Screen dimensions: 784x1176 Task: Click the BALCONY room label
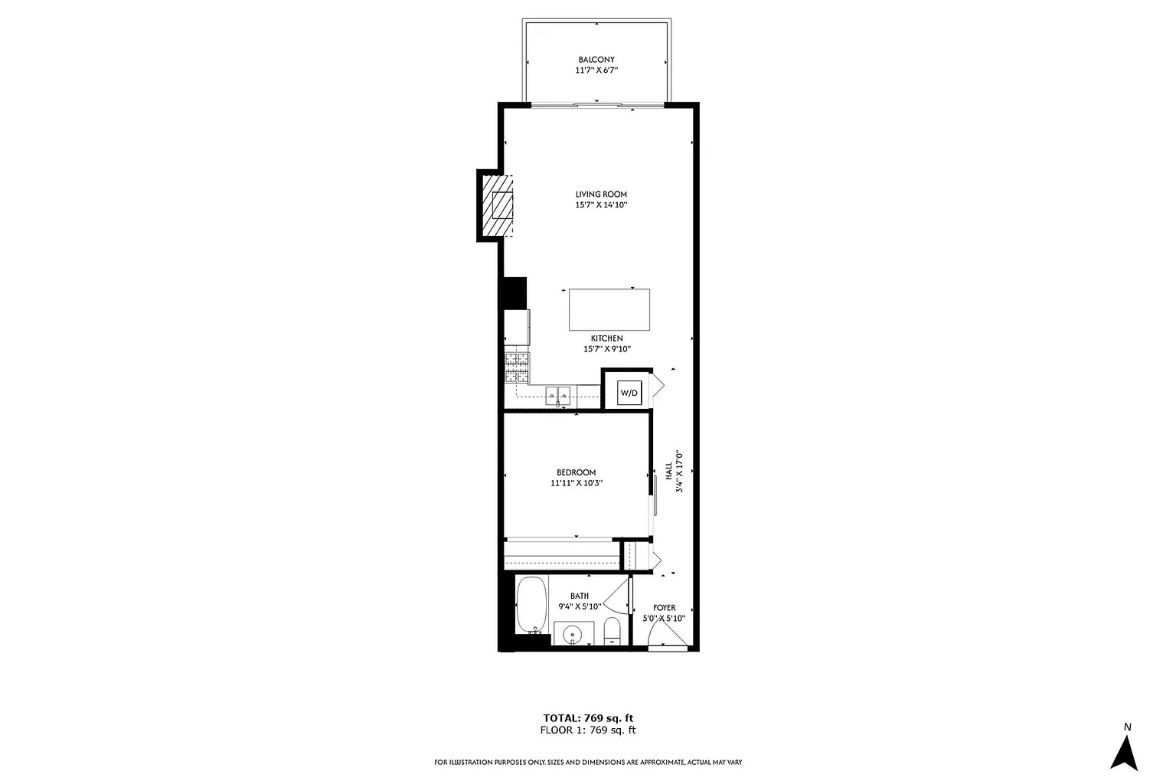click(x=596, y=60)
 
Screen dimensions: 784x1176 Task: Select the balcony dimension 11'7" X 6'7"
click(x=596, y=70)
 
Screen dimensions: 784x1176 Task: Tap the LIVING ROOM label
click(x=601, y=194)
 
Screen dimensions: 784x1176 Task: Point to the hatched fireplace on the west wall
click(x=496, y=206)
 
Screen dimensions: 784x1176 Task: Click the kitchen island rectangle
click(x=609, y=309)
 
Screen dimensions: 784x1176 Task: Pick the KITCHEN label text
click(x=606, y=338)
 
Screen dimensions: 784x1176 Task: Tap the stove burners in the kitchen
click(x=517, y=367)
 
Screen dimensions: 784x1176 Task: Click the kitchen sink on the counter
click(x=558, y=396)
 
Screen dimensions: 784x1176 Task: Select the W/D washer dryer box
click(x=629, y=393)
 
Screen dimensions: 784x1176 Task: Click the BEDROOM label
click(x=576, y=472)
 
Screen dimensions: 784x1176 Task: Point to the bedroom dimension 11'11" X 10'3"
click(x=577, y=483)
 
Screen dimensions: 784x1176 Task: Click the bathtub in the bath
click(x=531, y=605)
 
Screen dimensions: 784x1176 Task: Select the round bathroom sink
click(x=573, y=635)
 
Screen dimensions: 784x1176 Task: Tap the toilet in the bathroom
click(x=612, y=632)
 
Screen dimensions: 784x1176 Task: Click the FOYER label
click(x=664, y=608)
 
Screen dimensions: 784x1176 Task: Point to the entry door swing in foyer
click(x=663, y=634)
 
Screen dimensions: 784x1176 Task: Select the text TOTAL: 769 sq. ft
click(x=588, y=718)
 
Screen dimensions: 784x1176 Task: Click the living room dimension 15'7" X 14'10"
click(x=601, y=205)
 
